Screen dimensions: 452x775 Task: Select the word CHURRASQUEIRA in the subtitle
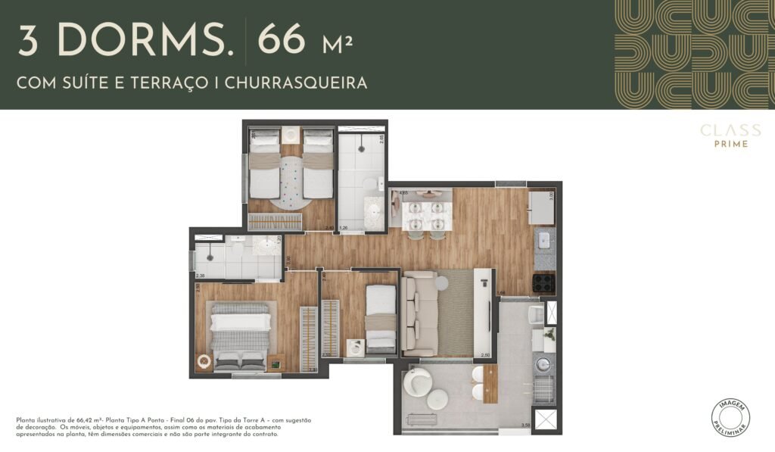pos(305,83)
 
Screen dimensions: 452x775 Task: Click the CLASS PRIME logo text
pos(730,136)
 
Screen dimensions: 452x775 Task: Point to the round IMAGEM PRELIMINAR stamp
pos(731,417)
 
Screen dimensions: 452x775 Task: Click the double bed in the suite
pos(239,336)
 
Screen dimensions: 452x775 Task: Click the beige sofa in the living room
pos(419,313)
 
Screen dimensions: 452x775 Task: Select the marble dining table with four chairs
pos(427,214)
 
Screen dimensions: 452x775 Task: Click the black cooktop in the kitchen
pos(544,282)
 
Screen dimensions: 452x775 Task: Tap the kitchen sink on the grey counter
pos(545,242)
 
